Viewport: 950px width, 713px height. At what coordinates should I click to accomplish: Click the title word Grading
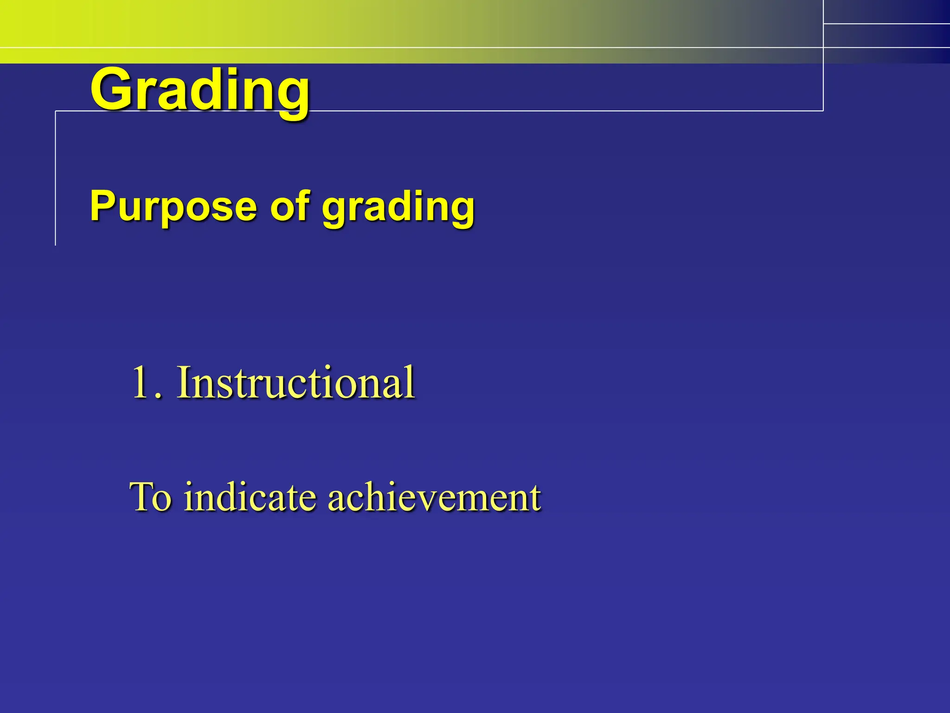coord(199,91)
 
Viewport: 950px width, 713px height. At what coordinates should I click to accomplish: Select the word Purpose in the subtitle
coord(173,207)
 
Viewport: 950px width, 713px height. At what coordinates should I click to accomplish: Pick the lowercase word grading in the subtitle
coord(398,208)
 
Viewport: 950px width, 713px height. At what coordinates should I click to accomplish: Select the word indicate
coord(250,497)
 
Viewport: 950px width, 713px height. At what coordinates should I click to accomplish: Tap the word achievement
coord(434,497)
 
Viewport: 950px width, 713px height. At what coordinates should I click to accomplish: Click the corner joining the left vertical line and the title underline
coord(56,111)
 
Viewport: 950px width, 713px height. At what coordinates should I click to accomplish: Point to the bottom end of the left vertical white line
coord(56,244)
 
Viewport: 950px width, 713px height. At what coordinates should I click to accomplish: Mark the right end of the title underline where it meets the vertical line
coord(823,111)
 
